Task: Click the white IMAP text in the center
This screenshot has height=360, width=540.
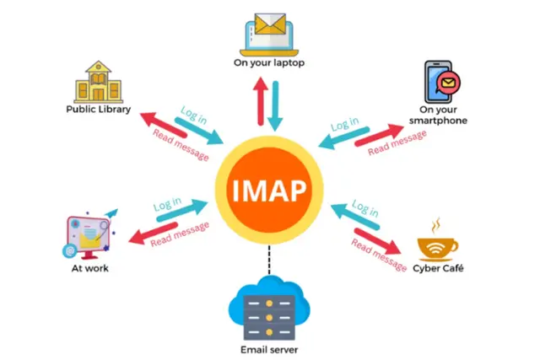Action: pos(269,191)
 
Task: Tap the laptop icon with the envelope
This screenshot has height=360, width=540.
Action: pos(269,35)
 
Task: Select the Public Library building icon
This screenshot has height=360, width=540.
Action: pos(99,82)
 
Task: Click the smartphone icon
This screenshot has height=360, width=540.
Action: pos(442,82)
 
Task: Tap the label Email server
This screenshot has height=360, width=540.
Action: pos(269,350)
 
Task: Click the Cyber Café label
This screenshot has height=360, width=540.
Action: pos(438,268)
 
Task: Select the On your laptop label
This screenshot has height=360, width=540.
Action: pos(269,63)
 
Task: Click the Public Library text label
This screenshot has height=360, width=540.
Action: pos(99,110)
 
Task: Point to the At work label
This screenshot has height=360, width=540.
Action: pos(90,268)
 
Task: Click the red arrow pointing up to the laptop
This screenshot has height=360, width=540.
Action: pos(261,101)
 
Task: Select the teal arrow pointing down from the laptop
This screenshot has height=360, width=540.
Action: pos(275,106)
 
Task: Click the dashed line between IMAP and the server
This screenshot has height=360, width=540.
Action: pos(269,260)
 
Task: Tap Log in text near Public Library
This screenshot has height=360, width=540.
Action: pos(194,115)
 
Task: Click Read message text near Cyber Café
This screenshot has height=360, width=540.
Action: pos(379,255)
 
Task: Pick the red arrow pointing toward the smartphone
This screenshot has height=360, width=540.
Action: pos(379,135)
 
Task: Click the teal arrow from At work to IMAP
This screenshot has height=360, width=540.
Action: pos(182,210)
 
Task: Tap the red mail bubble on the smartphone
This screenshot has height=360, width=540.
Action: pos(448,83)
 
